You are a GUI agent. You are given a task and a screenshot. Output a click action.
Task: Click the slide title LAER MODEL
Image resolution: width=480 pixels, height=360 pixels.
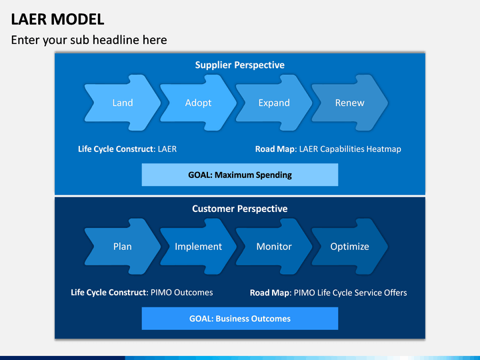coord(58,19)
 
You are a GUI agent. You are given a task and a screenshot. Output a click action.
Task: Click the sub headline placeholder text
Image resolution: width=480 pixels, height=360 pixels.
coord(89,40)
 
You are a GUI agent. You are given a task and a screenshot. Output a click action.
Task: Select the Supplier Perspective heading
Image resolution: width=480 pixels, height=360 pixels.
coord(239,65)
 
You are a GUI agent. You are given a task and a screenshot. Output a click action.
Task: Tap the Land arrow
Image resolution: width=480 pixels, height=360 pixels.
coord(122,103)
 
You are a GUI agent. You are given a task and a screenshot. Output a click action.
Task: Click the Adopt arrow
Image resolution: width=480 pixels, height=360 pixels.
coord(198,103)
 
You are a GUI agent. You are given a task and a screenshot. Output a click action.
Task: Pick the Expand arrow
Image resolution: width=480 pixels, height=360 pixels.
coord(274,103)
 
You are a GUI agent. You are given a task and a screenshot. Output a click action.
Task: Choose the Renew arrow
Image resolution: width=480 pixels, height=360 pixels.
coord(349,103)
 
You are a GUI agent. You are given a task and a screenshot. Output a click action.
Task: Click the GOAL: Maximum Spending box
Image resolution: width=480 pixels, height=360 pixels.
coord(239,175)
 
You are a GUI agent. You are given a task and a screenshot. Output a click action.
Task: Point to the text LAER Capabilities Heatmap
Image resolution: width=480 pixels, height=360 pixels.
coord(350,149)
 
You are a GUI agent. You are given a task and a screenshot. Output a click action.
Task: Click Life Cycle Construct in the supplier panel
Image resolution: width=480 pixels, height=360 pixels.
coord(116,149)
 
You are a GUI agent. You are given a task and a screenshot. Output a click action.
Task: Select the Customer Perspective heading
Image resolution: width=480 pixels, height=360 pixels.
coord(239,209)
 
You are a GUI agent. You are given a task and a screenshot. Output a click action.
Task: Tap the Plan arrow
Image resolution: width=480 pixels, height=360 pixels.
coord(122,247)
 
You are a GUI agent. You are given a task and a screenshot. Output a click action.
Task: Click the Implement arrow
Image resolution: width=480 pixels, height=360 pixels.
coord(198,247)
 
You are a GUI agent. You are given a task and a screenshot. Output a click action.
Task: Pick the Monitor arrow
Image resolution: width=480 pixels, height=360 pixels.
coord(274,247)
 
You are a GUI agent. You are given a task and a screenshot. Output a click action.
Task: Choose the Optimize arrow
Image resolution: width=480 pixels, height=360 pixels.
coord(349,247)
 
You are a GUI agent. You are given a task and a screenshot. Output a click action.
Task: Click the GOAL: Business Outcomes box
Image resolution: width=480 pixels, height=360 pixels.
coord(239,319)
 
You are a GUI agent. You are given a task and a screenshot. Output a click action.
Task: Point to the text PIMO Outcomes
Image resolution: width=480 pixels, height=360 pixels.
coord(182,293)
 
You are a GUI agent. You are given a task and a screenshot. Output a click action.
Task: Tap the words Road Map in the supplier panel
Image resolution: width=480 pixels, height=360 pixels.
coord(276,149)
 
